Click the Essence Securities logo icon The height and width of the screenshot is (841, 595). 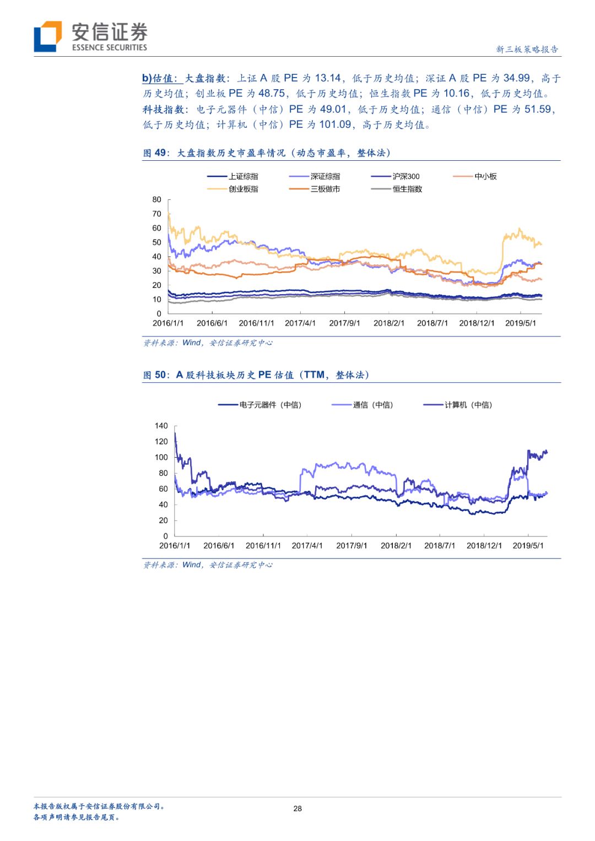(48, 36)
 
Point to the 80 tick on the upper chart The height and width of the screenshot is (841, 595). (157, 199)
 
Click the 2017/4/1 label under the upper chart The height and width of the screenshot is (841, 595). (300, 323)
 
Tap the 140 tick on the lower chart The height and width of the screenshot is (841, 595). (161, 426)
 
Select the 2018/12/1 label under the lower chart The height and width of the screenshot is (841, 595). (484, 546)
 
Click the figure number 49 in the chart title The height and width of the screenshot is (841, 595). (160, 153)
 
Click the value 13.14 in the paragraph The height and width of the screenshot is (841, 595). (328, 78)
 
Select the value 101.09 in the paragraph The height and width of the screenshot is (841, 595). (335, 124)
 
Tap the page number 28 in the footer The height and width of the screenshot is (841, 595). (297, 809)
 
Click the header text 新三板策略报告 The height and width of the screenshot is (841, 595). (527, 49)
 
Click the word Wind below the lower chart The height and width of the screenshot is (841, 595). (192, 565)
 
